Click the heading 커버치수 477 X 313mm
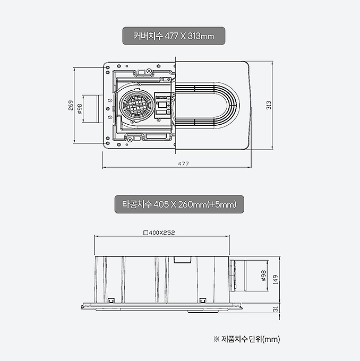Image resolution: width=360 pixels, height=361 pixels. [x=174, y=36]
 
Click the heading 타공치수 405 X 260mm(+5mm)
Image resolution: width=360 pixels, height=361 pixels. [x=179, y=204]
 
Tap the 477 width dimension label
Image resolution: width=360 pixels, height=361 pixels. [x=183, y=164]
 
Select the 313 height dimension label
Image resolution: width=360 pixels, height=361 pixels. [x=269, y=105]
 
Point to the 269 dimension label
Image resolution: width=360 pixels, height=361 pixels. [x=71, y=105]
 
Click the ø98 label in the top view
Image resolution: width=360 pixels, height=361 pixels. [x=80, y=109]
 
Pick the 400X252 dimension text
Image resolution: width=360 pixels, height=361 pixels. [x=162, y=233]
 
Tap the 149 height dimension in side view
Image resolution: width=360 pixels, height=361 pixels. [x=276, y=279]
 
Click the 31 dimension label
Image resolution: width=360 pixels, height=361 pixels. [x=276, y=309]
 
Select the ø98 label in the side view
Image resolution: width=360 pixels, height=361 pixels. [x=264, y=276]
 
